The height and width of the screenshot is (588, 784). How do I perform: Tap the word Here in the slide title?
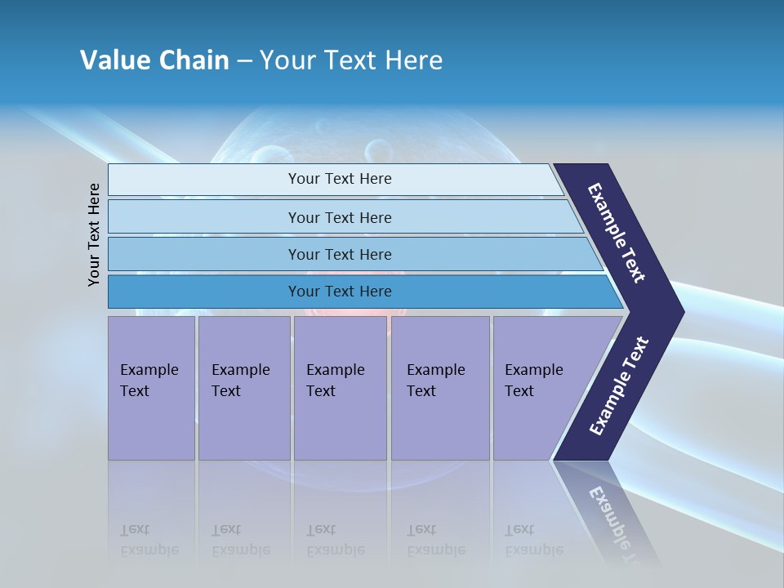(x=413, y=60)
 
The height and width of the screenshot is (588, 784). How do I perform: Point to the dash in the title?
(x=244, y=61)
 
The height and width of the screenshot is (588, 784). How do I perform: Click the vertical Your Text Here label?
(x=94, y=234)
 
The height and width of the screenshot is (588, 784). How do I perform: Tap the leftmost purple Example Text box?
(x=151, y=387)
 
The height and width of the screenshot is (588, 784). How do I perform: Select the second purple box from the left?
(x=243, y=387)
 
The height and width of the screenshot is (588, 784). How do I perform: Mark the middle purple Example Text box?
(x=340, y=387)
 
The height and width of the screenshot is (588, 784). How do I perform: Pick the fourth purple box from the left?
(x=440, y=387)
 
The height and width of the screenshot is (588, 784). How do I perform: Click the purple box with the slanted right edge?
(x=539, y=387)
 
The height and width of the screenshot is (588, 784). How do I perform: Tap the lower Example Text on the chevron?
(x=619, y=386)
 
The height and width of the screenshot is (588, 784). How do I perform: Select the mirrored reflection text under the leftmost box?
(x=149, y=541)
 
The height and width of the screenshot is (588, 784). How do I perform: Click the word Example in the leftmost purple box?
(x=149, y=370)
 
